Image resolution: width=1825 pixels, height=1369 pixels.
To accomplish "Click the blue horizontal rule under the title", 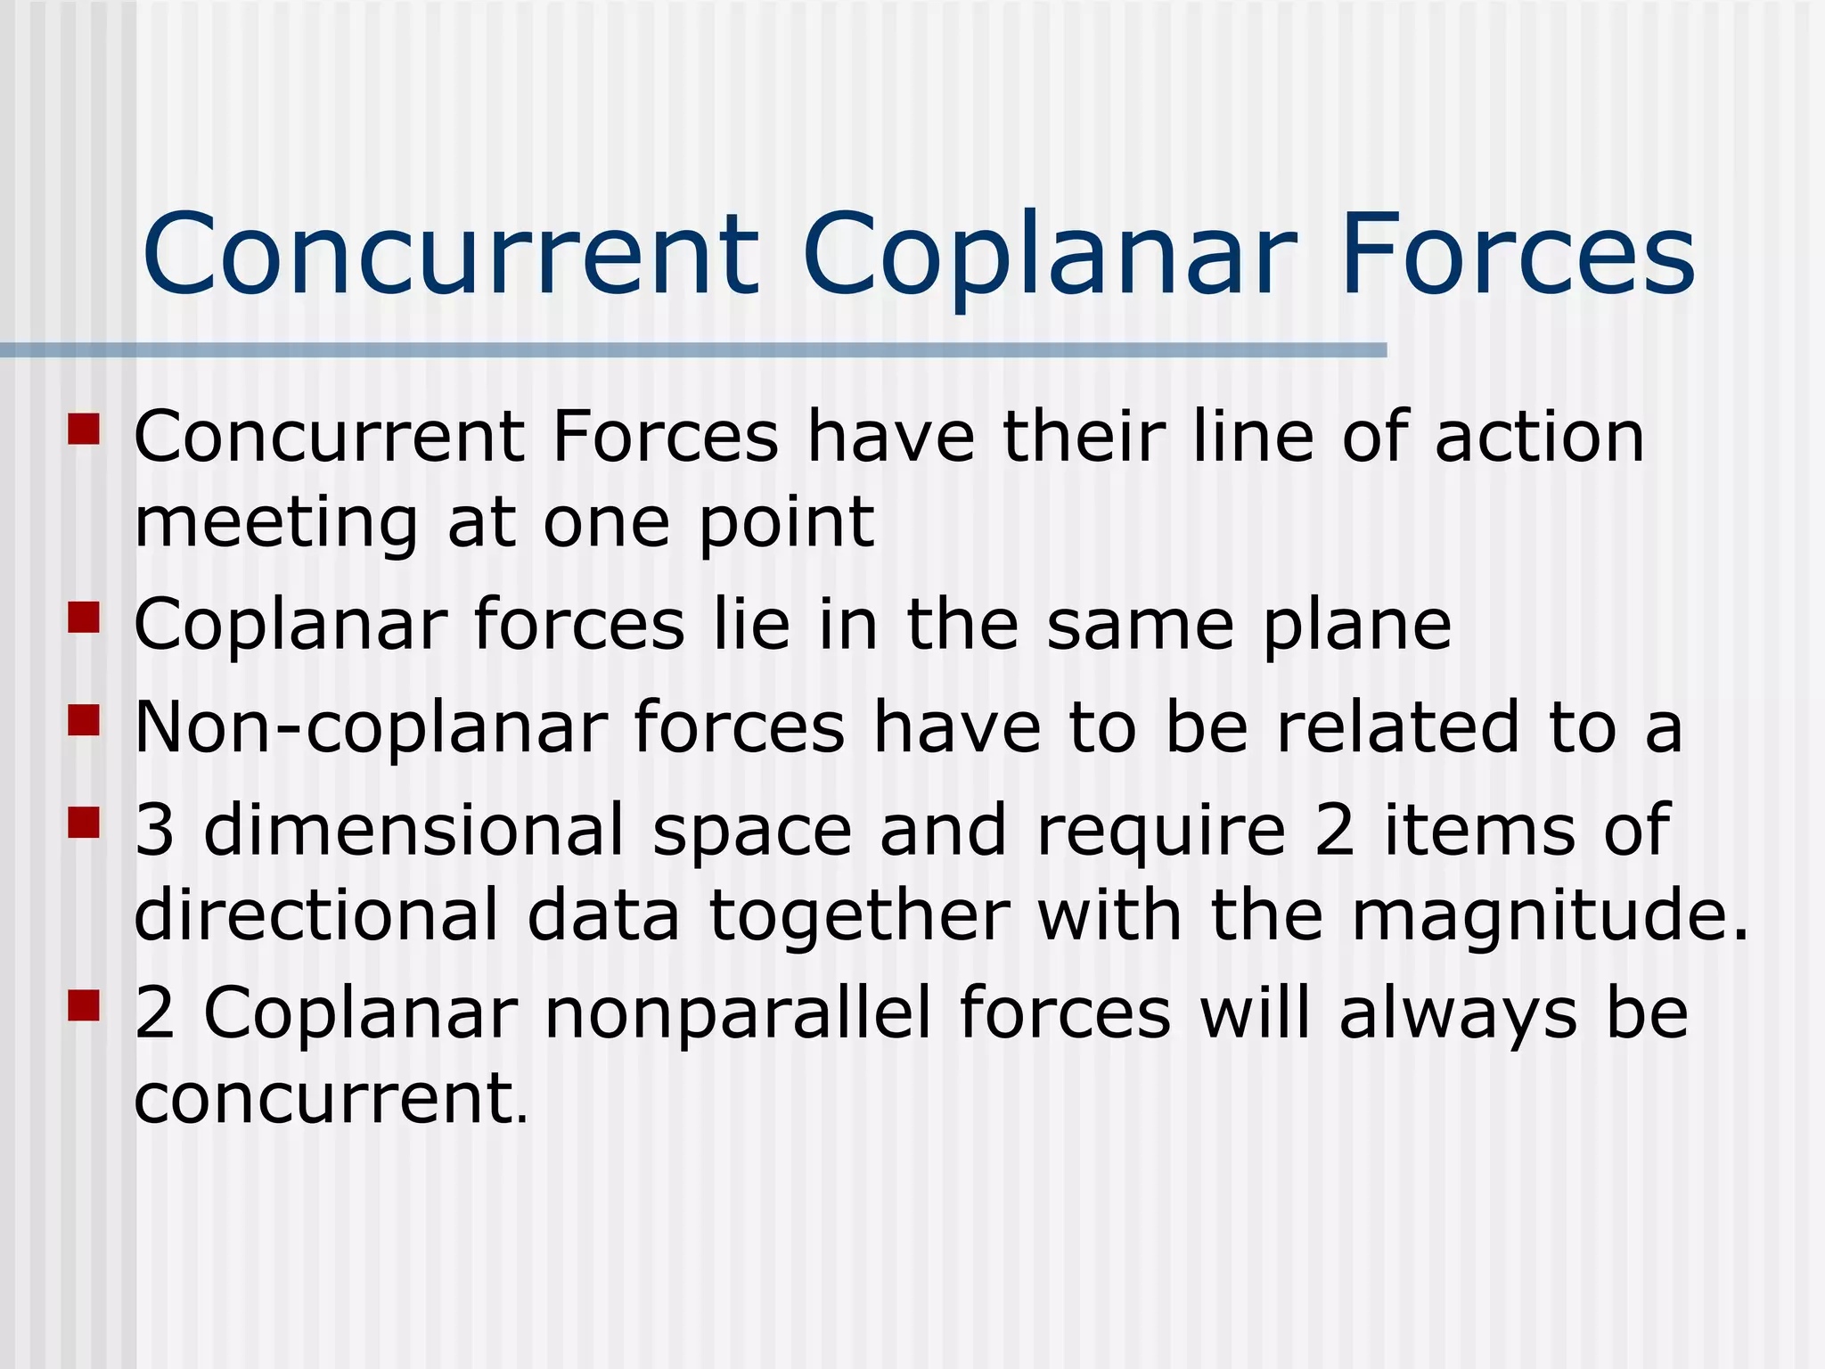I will pyautogui.click(x=693, y=350).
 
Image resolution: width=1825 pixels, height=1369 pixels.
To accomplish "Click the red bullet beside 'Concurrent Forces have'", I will pyautogui.click(x=83, y=428).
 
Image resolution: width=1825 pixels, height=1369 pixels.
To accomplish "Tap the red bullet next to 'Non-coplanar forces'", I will pyautogui.click(x=83, y=719).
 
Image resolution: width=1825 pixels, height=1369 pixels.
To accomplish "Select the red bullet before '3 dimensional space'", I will pyautogui.click(x=83, y=822).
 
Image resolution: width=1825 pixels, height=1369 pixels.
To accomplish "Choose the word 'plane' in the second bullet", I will pyautogui.click(x=1357, y=626).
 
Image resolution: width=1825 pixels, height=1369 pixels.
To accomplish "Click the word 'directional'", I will pyautogui.click(x=316, y=915).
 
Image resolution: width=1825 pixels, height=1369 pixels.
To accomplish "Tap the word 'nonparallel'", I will pyautogui.click(x=738, y=1013).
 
